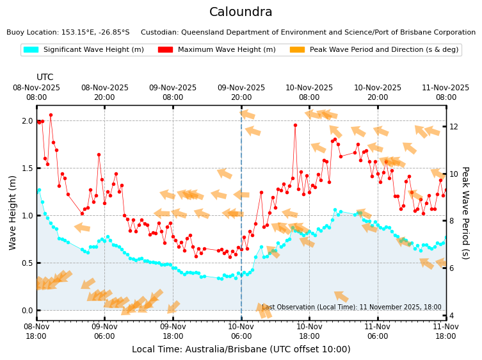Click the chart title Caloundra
[241, 12]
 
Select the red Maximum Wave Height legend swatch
[165, 49]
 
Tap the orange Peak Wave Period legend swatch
[296, 49]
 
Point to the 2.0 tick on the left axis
[26, 121]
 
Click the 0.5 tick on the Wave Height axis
[26, 263]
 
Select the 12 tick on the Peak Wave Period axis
[454, 126]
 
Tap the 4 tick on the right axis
[451, 315]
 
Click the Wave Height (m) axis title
[13, 212]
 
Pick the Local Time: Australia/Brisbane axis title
[241, 349]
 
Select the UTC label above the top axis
[45, 78]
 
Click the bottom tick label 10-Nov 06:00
[241, 331]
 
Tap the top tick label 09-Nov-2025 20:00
[241, 92]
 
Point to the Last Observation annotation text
[351, 307]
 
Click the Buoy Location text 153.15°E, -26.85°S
[68, 32]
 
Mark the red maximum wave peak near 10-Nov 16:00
[295, 125]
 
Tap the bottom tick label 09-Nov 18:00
[173, 331]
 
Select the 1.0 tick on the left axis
[26, 215]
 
